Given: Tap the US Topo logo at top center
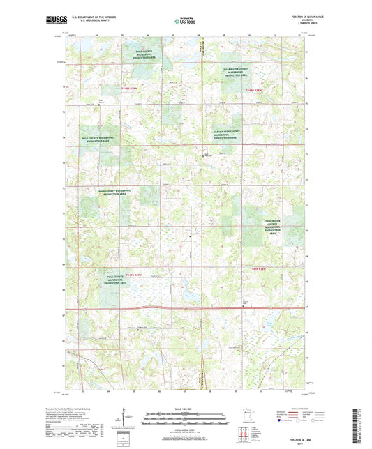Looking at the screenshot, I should click(x=185, y=22).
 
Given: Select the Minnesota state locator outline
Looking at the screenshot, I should click(x=241, y=418).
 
